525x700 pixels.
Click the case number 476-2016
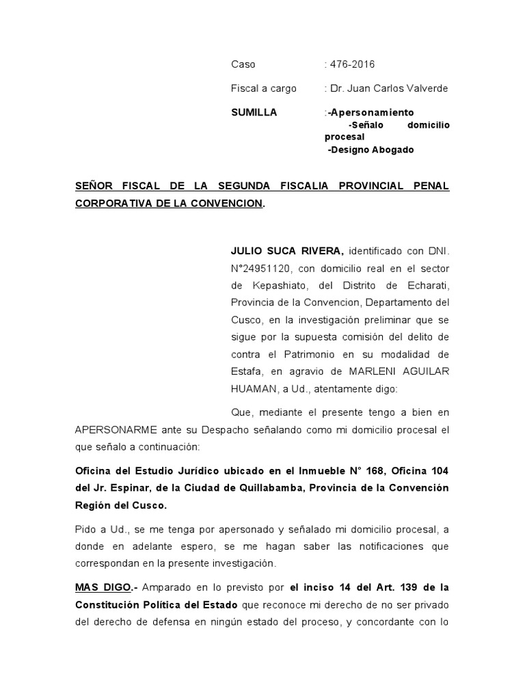coord(352,64)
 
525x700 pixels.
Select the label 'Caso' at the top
coord(243,64)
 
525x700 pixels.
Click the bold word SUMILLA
coord(254,112)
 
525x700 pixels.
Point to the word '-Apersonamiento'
coord(371,112)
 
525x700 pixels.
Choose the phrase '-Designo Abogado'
coord(371,150)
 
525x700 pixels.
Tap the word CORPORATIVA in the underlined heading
coord(111,204)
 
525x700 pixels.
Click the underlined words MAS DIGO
coord(102,587)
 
